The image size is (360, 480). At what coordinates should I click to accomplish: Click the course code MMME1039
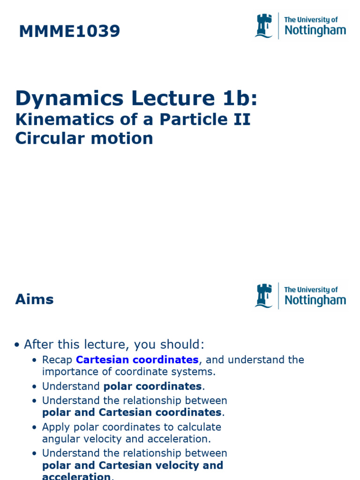coord(69,31)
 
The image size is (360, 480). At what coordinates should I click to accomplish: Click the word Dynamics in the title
coord(69,99)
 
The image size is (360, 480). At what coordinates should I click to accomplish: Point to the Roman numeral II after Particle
coord(242,120)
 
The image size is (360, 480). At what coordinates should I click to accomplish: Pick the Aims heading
coord(34,300)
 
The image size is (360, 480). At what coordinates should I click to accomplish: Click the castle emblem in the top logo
coord(263,25)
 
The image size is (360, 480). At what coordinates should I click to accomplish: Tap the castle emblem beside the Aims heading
coord(263,295)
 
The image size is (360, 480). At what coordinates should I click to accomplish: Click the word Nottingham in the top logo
coord(315,30)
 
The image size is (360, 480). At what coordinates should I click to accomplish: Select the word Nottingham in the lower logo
coord(315,300)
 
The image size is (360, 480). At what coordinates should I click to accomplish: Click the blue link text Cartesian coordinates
coord(137,360)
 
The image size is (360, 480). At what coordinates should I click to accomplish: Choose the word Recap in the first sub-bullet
coord(57,360)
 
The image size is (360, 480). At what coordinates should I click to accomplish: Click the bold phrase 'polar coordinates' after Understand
coord(152,387)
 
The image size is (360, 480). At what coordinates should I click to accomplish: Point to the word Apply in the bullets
coord(55,427)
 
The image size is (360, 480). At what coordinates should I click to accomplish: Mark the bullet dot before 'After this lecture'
coord(17,345)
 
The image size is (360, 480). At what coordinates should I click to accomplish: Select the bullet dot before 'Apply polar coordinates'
coord(34,427)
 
